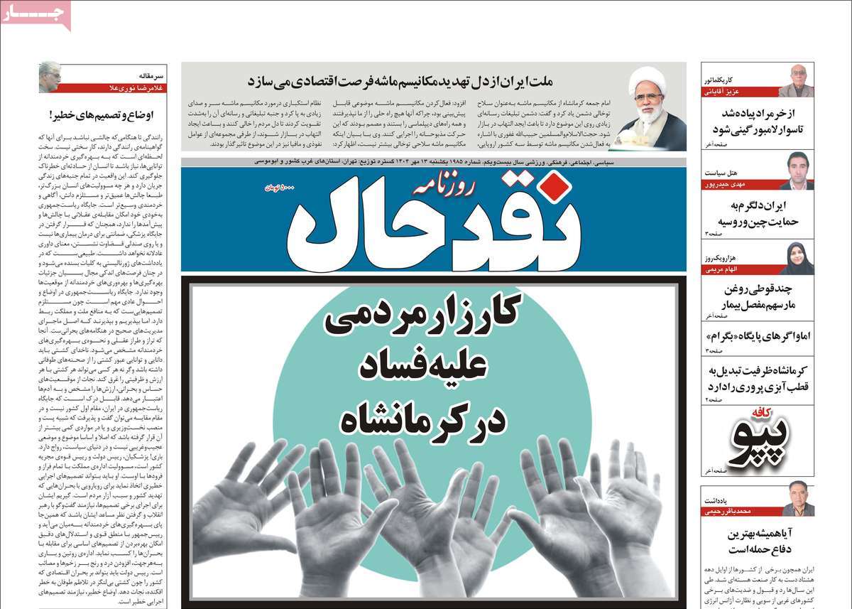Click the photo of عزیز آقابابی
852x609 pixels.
(x=796, y=80)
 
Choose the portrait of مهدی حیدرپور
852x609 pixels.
(x=796, y=171)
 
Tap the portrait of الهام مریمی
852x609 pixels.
(x=796, y=259)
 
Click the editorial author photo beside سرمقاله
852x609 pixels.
(x=49, y=77)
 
